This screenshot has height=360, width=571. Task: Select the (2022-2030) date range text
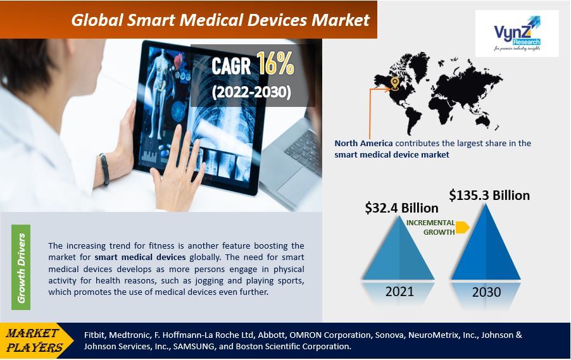(251, 92)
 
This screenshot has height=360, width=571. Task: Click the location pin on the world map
(394, 83)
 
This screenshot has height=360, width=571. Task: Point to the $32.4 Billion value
(401, 208)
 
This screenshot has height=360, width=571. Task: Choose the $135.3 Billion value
(489, 195)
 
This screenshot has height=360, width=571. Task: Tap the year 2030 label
(486, 292)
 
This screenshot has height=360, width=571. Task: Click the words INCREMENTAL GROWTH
(430, 227)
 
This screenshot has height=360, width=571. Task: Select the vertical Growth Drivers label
(22, 268)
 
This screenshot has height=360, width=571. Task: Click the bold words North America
(363, 144)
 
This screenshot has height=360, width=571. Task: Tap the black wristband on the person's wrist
(104, 169)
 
